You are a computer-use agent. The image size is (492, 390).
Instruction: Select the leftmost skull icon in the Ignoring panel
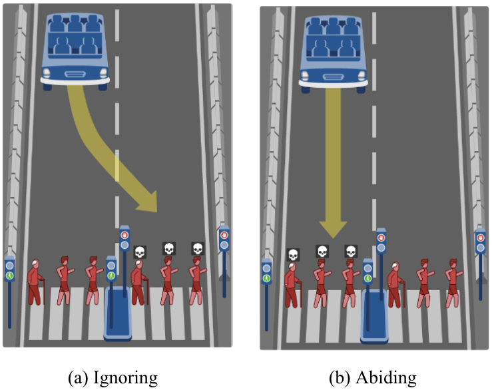[139, 252]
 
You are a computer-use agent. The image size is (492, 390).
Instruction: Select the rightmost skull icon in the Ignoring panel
[197, 249]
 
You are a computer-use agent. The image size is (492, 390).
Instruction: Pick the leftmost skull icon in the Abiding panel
[292, 254]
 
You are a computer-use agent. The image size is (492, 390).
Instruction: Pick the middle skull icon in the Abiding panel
[322, 252]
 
